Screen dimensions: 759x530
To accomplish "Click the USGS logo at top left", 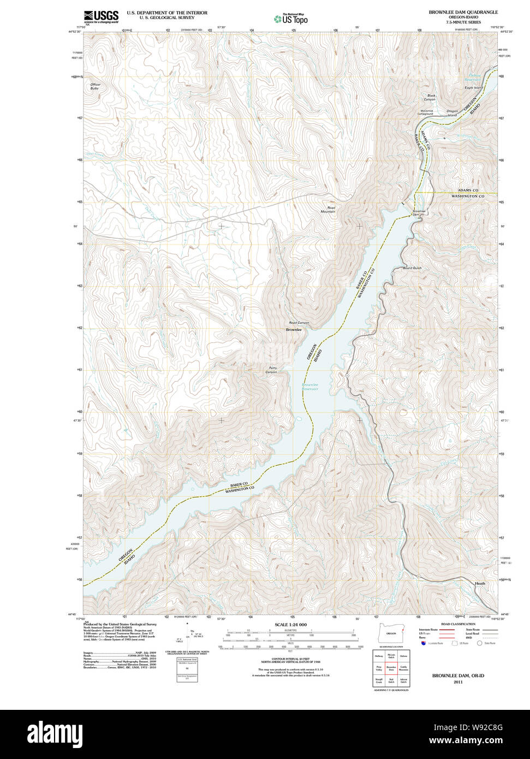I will (100, 17).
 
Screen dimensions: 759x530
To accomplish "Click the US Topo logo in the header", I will (291, 19).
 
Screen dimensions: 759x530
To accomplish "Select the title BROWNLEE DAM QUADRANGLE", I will (463, 12).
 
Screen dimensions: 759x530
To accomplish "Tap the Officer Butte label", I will (96, 86).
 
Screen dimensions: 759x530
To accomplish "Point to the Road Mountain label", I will (328, 210).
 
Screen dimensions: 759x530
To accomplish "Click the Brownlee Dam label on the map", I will (419, 213).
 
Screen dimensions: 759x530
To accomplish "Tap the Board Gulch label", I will (412, 268).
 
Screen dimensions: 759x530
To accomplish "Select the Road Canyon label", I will (299, 323).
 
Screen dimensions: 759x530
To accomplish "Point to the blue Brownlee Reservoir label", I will (310, 387).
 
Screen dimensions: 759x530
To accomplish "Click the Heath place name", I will (480, 583).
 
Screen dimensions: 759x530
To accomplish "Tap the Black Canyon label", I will (430, 98).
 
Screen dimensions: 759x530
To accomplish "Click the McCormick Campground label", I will (425, 112).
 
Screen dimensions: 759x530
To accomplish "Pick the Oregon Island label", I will (452, 113).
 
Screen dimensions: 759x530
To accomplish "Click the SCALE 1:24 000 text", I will (290, 625).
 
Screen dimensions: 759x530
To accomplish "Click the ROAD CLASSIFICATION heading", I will (457, 624).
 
